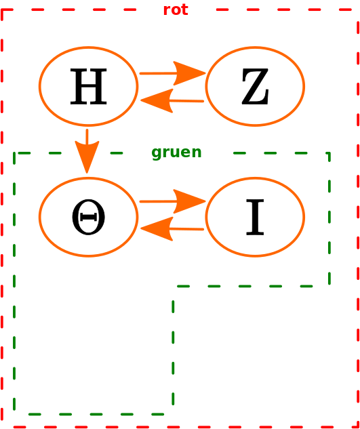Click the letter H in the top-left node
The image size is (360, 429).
(88, 87)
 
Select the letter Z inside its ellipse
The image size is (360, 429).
(255, 87)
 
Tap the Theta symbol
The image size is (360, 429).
(88, 218)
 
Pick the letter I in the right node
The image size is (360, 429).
(255, 218)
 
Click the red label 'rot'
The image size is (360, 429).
(176, 10)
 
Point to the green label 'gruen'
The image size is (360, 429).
(176, 152)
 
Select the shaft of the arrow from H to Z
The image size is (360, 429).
(159, 73)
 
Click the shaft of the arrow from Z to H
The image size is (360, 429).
(186, 101)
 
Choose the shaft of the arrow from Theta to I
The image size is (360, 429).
(159, 202)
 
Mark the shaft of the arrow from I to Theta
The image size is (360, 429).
(186, 229)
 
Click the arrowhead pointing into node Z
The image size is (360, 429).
(189, 73)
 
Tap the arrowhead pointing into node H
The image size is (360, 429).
(157, 101)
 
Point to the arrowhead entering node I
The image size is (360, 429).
(189, 201)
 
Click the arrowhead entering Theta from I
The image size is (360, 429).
(157, 228)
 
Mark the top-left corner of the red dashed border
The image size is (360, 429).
(2, 10)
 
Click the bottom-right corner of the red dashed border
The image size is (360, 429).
(358, 427)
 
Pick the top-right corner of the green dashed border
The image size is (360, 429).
(329, 153)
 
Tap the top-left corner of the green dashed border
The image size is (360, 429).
(14, 153)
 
